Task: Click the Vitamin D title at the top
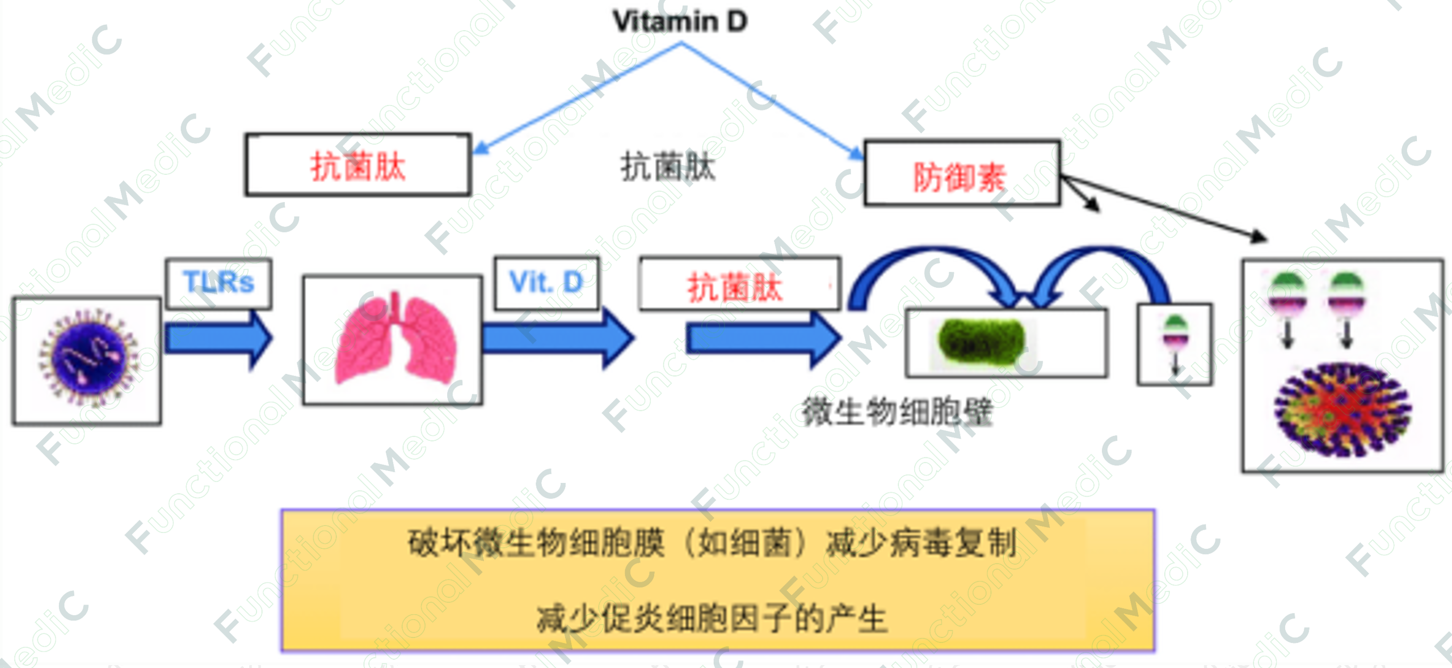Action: (680, 22)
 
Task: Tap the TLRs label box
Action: (218, 283)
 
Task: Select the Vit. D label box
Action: (546, 283)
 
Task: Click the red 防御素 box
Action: (961, 174)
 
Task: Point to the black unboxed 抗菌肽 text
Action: (668, 167)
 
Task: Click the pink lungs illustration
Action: (395, 339)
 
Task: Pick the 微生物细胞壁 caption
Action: (897, 412)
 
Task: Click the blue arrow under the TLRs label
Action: (218, 339)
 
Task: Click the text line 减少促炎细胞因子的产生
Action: (712, 618)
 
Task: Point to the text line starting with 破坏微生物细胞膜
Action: (712, 543)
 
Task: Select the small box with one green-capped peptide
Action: (1175, 344)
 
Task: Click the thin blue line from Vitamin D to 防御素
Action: (772, 100)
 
